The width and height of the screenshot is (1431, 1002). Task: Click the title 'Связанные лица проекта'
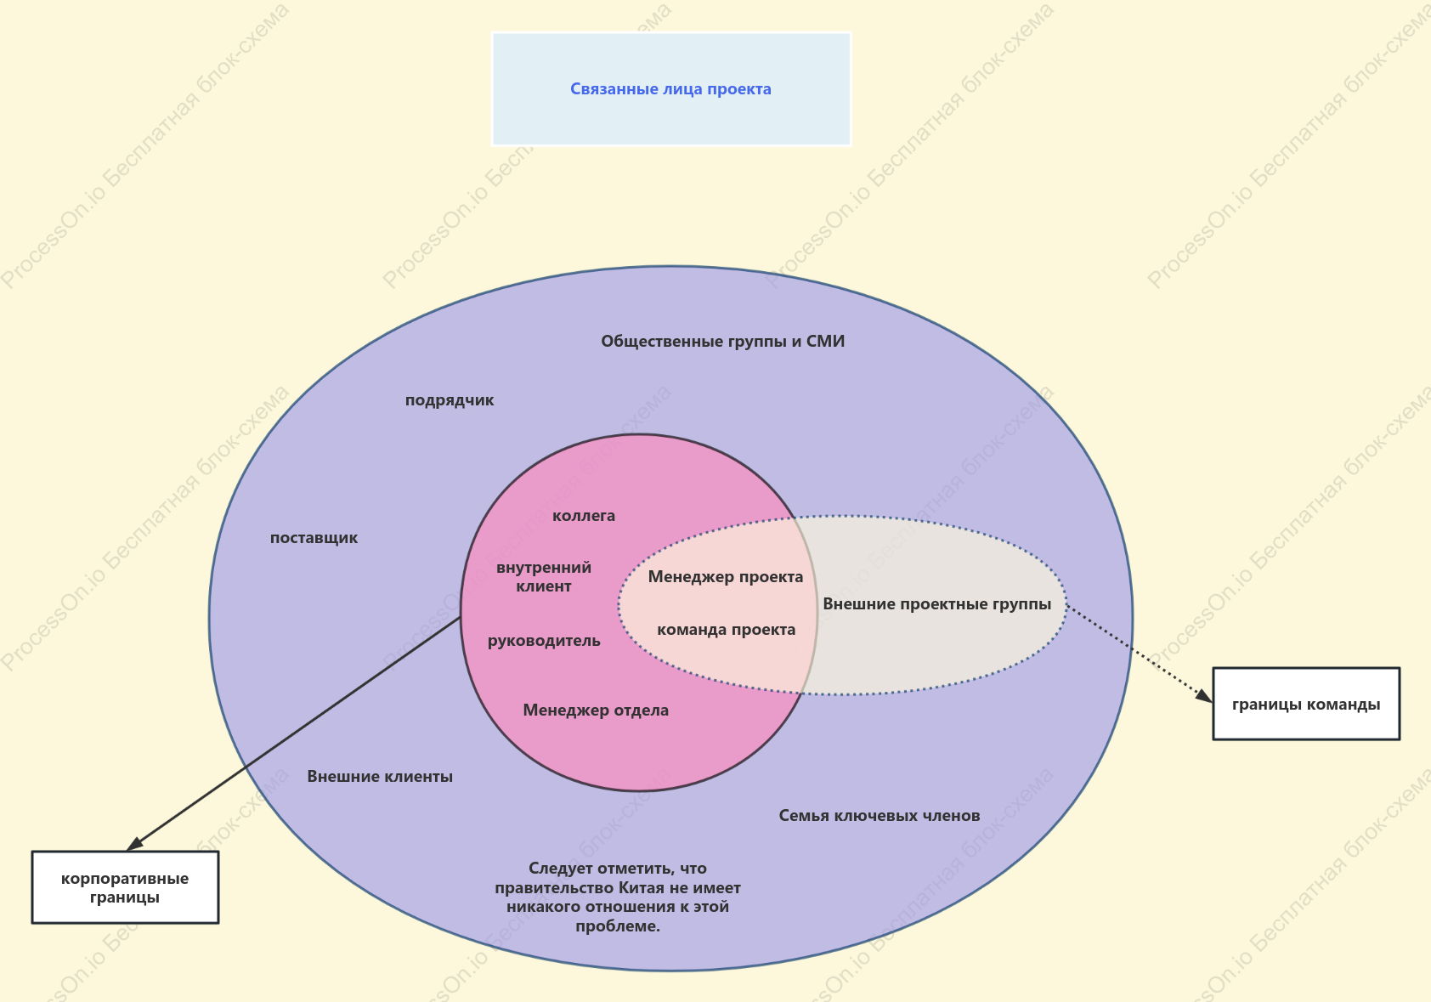tap(670, 89)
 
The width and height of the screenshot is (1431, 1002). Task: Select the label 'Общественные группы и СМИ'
tap(722, 342)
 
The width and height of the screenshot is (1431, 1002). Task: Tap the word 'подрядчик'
tap(450, 400)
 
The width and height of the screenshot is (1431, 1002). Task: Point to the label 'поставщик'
tap(314, 537)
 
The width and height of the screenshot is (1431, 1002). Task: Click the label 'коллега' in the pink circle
tap(583, 516)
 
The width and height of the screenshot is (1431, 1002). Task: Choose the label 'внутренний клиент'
tap(544, 576)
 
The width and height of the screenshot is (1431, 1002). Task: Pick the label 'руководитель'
tap(544, 640)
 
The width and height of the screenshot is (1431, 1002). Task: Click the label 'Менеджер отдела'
tap(596, 710)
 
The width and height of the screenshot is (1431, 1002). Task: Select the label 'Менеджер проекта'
tap(725, 576)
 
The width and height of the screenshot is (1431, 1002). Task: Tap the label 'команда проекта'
tap(726, 630)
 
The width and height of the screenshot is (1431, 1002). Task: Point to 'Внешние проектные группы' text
tap(936, 604)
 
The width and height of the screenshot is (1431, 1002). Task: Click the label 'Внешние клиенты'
tap(380, 777)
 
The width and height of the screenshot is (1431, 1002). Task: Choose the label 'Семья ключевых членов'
tap(879, 815)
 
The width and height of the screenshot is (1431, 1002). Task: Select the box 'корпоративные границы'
tap(125, 887)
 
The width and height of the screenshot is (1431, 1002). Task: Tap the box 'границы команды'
tap(1306, 704)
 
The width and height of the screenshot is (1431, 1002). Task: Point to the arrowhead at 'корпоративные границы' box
tap(134, 844)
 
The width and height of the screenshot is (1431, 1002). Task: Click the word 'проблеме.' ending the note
tap(617, 926)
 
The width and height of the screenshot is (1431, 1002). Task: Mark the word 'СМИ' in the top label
tap(825, 342)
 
